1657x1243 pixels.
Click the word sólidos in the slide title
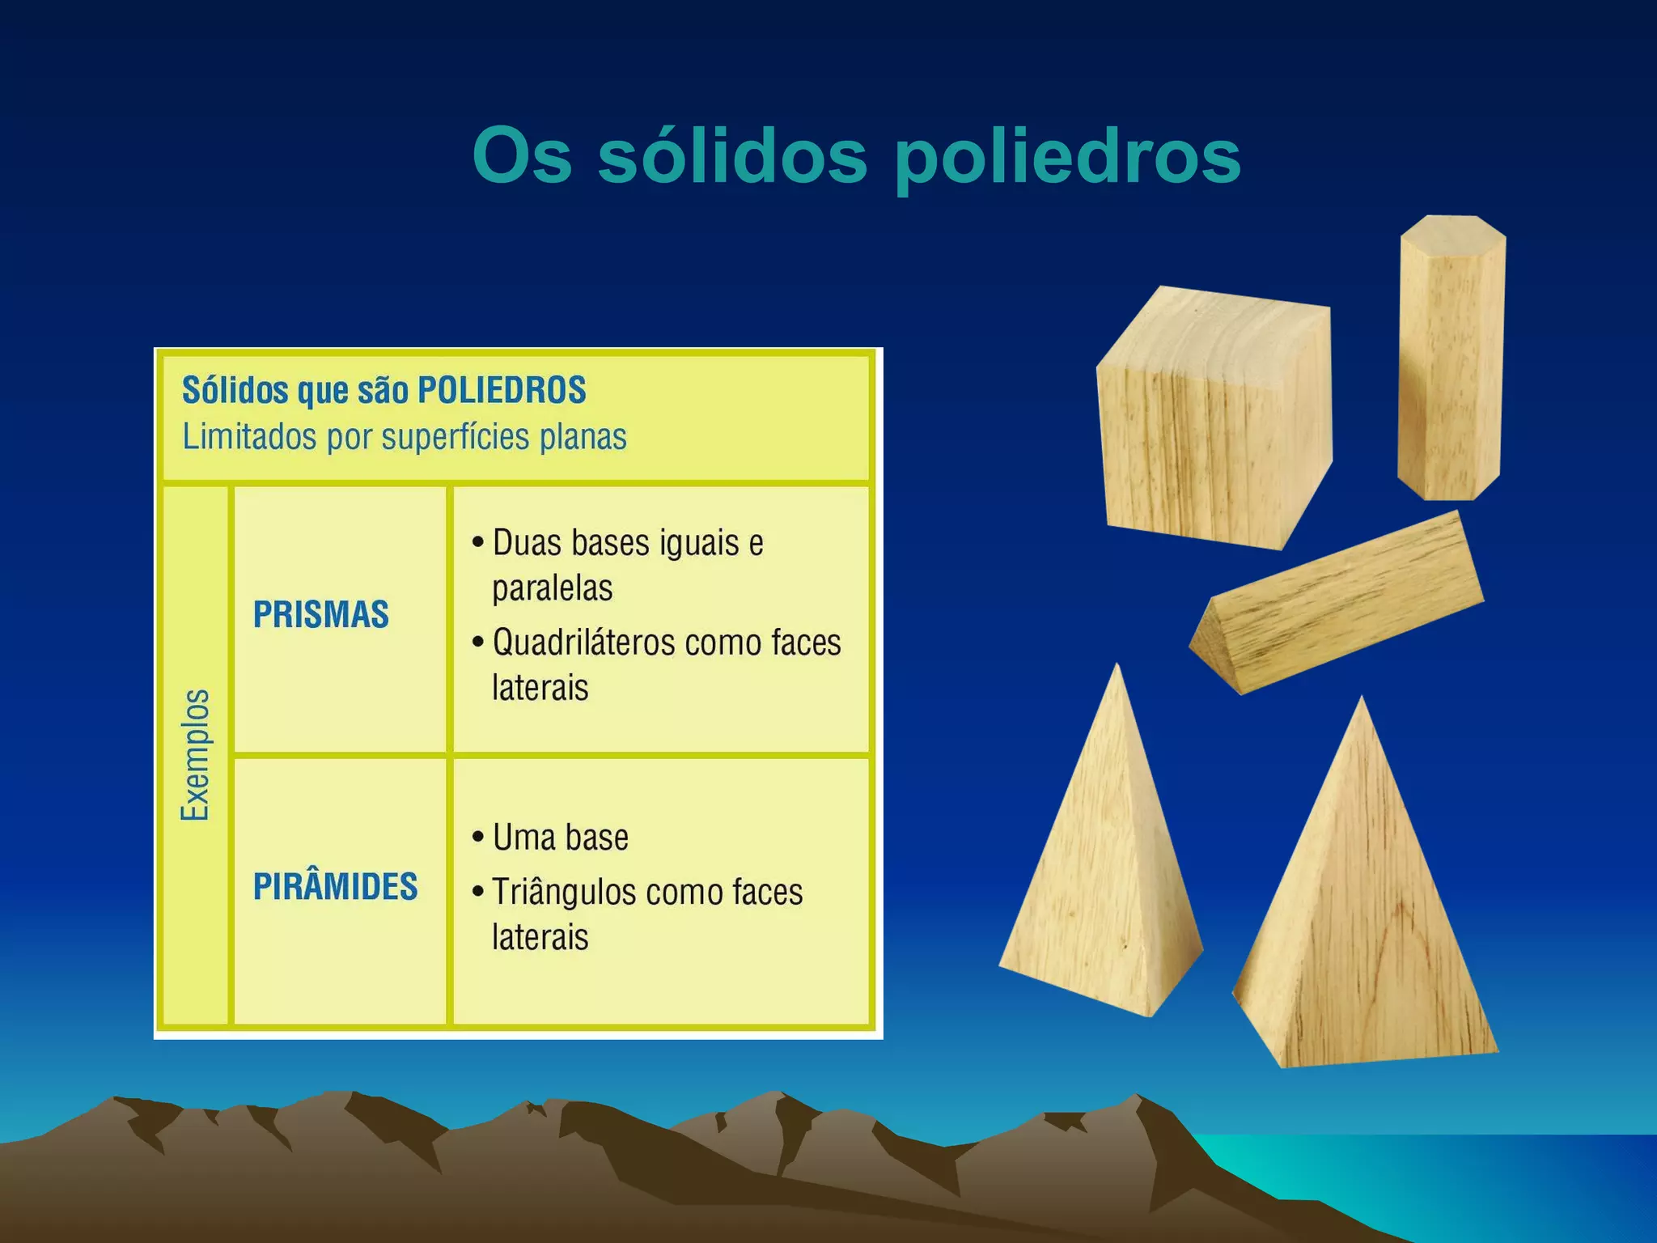click(x=732, y=155)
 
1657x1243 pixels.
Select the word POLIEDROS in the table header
click(x=501, y=390)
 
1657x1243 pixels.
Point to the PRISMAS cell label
click(x=321, y=615)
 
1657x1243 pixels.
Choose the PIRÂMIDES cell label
click(x=335, y=887)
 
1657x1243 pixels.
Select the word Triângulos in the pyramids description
click(x=564, y=893)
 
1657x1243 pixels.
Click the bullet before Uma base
click(x=478, y=837)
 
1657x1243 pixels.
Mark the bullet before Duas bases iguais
click(x=478, y=542)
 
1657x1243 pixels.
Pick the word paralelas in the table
click(x=552, y=588)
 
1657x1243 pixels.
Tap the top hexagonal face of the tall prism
click(x=1453, y=229)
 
